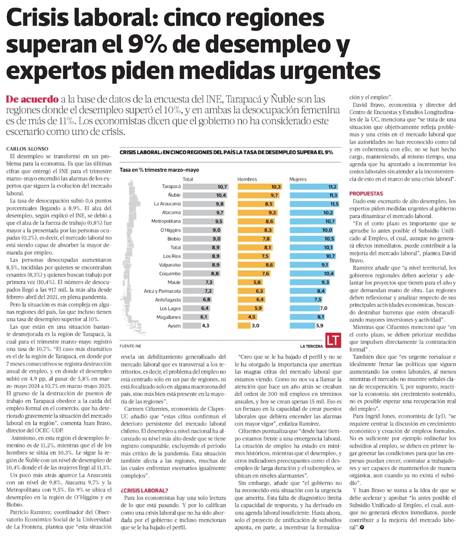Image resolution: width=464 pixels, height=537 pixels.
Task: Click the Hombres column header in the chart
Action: (247, 179)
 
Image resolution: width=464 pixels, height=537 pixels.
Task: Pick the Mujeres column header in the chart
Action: (298, 179)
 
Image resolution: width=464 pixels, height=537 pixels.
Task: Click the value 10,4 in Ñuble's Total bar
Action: (221, 195)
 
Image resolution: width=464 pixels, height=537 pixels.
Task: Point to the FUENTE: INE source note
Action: (130, 346)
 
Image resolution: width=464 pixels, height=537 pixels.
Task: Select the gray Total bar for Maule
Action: (193, 282)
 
